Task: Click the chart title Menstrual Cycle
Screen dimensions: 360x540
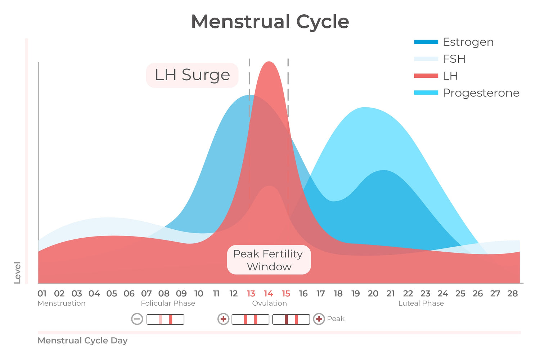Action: tap(270, 22)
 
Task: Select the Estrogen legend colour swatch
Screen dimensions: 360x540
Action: tap(426, 42)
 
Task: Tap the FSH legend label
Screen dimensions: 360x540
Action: tap(454, 59)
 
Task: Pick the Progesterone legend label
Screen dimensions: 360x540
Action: tap(481, 93)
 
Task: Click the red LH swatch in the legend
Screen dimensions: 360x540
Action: tap(426, 76)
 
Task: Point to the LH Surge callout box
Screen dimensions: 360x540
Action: tap(192, 75)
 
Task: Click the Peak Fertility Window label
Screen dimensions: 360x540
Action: tap(269, 260)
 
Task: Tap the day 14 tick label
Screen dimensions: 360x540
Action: tap(269, 294)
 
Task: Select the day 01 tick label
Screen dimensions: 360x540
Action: tap(42, 294)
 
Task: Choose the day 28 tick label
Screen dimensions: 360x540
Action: tap(513, 294)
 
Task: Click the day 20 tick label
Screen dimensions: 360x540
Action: tap(373, 294)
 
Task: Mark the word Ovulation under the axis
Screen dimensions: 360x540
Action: tap(269, 303)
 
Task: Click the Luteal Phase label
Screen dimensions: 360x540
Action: tap(421, 303)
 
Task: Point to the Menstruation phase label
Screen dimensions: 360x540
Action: tap(62, 303)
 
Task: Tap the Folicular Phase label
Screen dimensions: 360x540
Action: tap(168, 303)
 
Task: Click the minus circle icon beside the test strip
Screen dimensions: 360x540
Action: tap(137, 319)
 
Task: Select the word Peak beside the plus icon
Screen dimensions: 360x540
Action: tap(336, 319)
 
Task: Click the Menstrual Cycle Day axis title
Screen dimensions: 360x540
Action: tap(82, 341)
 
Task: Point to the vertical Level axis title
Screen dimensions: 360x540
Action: tap(17, 273)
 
